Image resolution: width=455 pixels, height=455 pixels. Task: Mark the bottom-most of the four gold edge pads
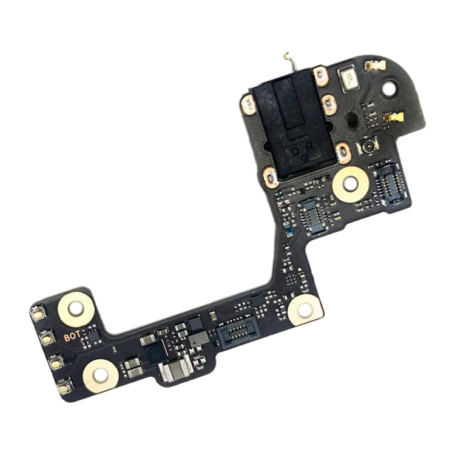[x=62, y=386]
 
